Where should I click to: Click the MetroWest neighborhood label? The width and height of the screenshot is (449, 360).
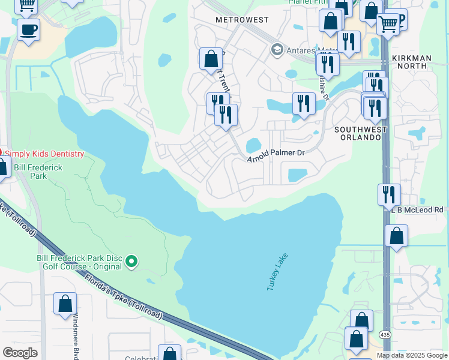click(x=242, y=20)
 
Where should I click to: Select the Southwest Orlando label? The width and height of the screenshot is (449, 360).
click(x=358, y=133)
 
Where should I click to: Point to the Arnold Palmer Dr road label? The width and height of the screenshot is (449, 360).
click(x=277, y=154)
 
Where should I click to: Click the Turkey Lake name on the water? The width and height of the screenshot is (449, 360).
click(x=277, y=272)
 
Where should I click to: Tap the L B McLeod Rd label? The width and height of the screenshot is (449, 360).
click(x=418, y=210)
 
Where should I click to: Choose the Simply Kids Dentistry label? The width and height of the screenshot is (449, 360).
click(x=44, y=154)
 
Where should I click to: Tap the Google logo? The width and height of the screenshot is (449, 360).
click(x=20, y=352)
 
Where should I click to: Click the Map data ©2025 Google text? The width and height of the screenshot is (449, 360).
click(x=411, y=355)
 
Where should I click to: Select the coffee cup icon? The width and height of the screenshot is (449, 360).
click(x=28, y=29)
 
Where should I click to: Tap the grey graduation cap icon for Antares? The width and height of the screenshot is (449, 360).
click(x=277, y=49)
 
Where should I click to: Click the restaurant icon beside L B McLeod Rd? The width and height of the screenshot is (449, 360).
click(x=389, y=194)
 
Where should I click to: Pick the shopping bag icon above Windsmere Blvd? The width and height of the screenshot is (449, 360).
click(x=65, y=304)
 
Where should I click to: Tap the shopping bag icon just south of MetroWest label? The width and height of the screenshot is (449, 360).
click(x=211, y=59)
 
